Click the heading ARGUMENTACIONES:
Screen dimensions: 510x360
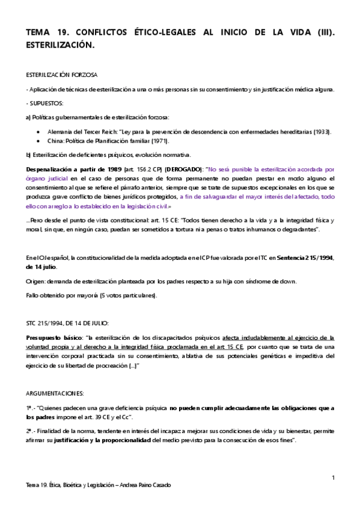(55, 376)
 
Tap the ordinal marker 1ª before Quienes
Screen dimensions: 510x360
(30, 391)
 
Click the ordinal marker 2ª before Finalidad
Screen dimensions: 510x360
(30, 431)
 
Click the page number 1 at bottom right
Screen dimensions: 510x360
(332, 478)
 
